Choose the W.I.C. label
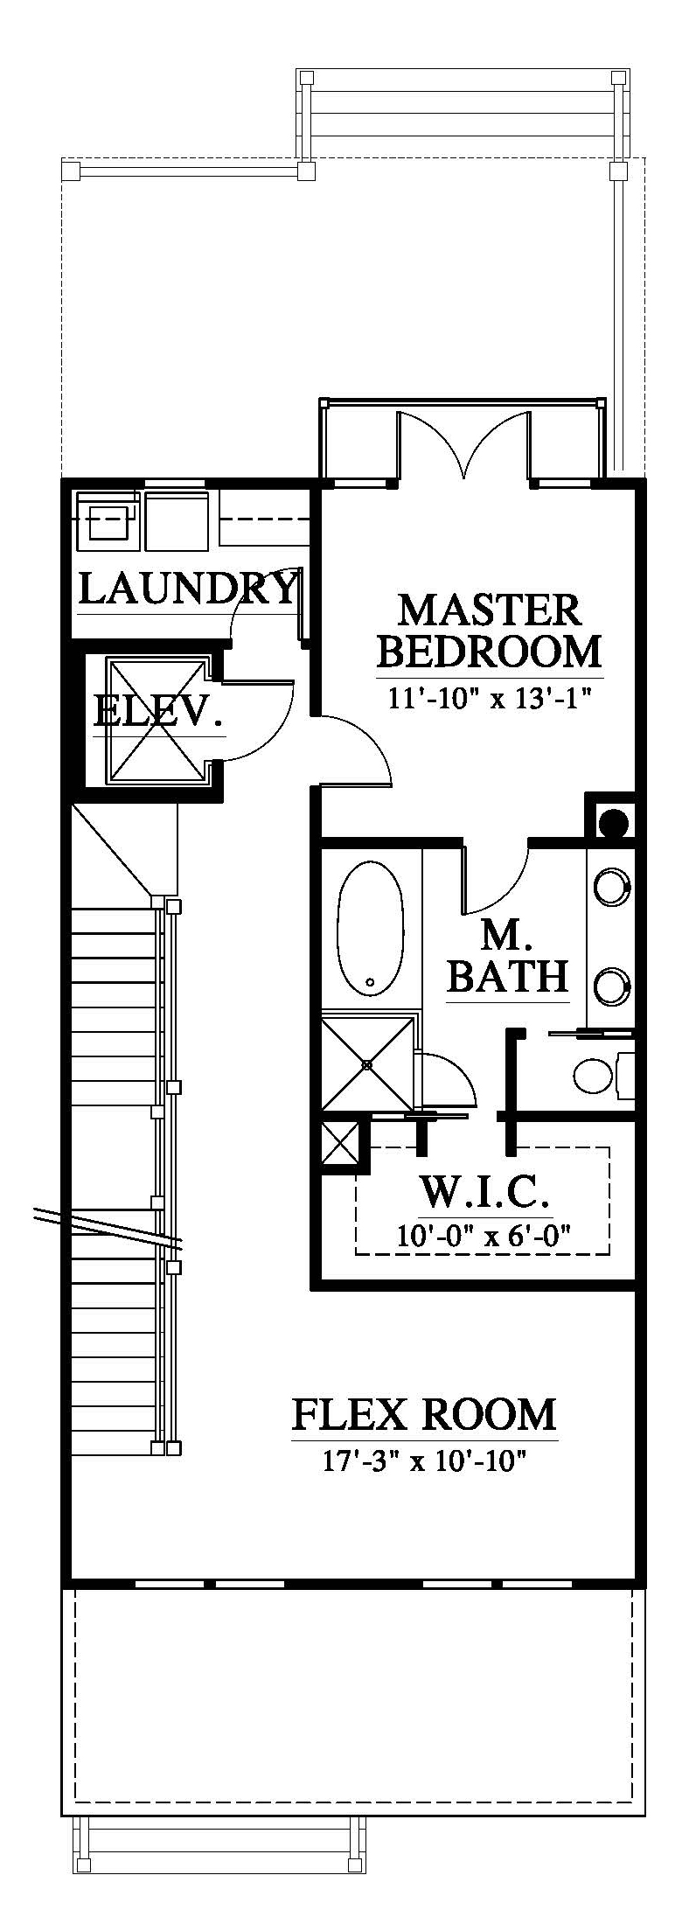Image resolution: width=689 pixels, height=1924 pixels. point(485,1192)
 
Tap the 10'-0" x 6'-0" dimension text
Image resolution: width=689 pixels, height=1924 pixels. point(485,1234)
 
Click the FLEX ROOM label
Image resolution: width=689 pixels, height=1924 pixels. point(423,1413)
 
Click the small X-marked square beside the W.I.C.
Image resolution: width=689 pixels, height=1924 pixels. point(340,1142)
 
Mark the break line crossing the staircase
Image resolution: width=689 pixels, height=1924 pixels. point(107,1226)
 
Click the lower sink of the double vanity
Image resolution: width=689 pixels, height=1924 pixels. point(611,986)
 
